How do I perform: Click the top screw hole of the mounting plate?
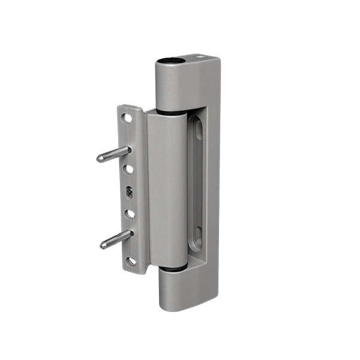pyautogui.click(x=127, y=118)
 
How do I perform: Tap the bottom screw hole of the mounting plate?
pyautogui.click(x=131, y=261)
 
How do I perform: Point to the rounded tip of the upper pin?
pyautogui.click(x=100, y=159)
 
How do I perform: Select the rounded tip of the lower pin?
pyautogui.click(x=104, y=245)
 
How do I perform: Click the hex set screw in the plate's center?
pyautogui.click(x=130, y=192)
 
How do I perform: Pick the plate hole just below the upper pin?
pyautogui.click(x=128, y=170)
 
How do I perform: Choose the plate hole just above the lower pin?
pyautogui.click(x=130, y=213)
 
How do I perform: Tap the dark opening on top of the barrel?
pyautogui.click(x=169, y=61)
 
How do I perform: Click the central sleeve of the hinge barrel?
pyautogui.click(x=167, y=189)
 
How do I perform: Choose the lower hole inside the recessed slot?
pyautogui.click(x=199, y=233)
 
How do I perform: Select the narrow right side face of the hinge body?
pyautogui.click(x=213, y=180)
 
